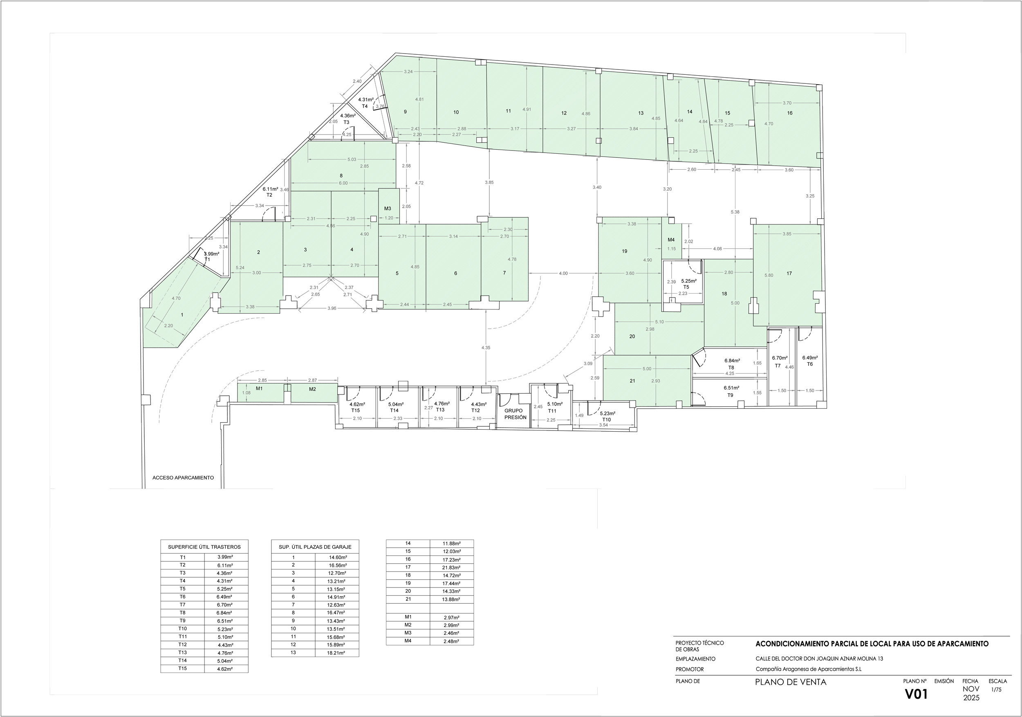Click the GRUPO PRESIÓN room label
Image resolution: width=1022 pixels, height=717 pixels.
pos(515,414)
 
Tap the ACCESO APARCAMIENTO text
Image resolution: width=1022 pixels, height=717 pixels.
pos(183,477)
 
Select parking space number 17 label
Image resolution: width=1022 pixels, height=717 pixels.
pos(789,273)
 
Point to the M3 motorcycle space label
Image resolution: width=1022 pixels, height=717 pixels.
pos(388,208)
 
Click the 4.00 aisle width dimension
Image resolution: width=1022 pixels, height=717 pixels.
pos(563,273)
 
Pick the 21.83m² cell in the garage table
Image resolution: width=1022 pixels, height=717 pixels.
pos(451,567)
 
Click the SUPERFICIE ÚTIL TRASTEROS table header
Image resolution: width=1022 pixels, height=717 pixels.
pos(204,547)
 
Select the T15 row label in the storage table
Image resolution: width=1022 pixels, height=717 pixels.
pos(182,668)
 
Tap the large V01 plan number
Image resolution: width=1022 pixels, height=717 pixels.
pos(916,694)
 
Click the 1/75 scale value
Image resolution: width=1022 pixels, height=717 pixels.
pos(996,690)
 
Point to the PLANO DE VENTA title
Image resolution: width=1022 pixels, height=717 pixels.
pos(791,682)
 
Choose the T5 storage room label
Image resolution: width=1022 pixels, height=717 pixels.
pos(686,287)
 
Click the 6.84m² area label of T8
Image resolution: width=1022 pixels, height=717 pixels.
pos(732,361)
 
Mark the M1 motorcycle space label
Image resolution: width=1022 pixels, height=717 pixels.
pos(259,388)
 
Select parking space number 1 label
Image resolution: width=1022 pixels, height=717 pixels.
pos(182,315)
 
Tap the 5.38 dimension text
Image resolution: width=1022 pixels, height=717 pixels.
pos(735,212)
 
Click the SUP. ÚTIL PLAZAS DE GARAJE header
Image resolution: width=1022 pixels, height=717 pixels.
pos(315,547)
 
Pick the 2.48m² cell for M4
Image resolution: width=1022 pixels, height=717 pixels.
pos(451,641)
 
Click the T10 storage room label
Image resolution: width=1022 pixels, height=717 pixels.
pos(606,420)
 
